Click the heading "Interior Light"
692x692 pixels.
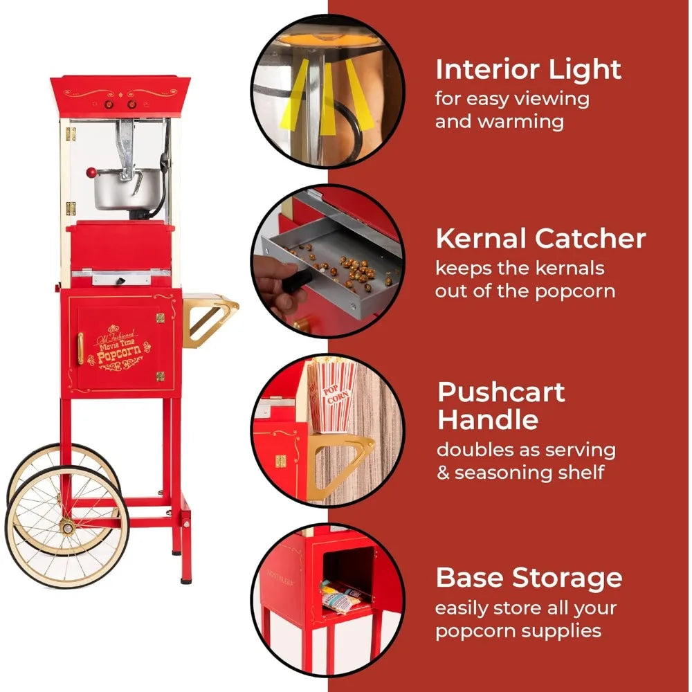(528, 70)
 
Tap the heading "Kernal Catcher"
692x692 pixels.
(540, 238)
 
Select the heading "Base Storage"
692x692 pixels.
(529, 578)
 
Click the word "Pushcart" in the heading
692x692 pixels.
(501, 392)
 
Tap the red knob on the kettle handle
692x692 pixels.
(91, 172)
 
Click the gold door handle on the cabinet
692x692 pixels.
(80, 348)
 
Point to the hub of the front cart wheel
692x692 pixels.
(67, 527)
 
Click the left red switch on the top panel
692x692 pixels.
(108, 104)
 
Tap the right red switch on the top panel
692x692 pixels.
(131, 104)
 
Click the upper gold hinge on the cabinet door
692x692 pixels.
(160, 318)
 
